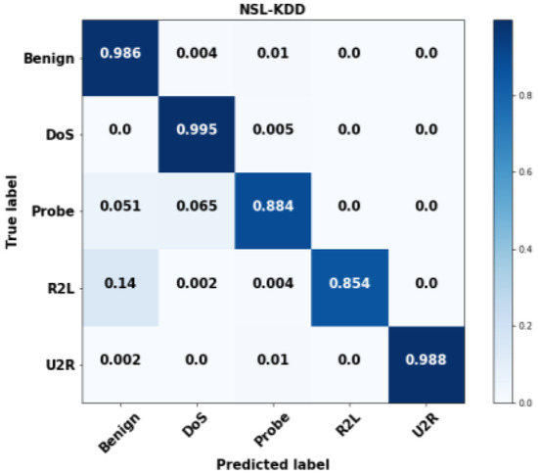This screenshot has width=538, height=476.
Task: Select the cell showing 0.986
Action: (x=119, y=53)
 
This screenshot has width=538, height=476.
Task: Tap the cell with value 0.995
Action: (x=197, y=130)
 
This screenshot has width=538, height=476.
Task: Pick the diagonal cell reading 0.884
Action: (x=273, y=207)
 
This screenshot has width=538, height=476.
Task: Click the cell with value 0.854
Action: (x=350, y=283)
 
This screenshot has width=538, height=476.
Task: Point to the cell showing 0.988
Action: (x=426, y=359)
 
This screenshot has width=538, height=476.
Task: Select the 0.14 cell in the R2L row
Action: (x=119, y=283)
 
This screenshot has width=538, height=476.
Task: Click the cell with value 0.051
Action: (x=119, y=207)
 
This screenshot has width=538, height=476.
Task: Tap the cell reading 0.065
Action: (x=197, y=207)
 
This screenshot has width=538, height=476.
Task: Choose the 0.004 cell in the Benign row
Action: (x=197, y=53)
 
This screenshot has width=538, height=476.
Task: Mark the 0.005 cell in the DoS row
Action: (x=273, y=130)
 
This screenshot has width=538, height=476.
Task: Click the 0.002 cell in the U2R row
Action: (x=119, y=359)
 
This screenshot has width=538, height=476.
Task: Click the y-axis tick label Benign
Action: (x=49, y=59)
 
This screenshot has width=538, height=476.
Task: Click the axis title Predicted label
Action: (x=273, y=462)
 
